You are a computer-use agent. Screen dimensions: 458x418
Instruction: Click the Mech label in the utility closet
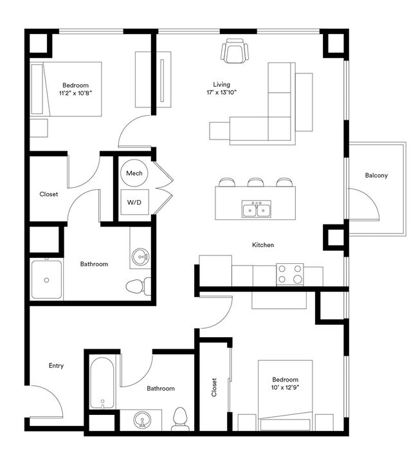134,173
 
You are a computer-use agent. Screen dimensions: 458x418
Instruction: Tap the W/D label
134,202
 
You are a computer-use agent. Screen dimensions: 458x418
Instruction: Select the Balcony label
376,175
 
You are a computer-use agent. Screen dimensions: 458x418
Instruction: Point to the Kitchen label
263,245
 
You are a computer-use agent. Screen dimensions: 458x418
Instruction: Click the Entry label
56,366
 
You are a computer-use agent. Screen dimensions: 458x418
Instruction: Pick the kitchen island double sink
257,210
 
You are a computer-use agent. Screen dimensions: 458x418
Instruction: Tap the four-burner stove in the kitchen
289,274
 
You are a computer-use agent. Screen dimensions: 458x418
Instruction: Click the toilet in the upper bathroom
138,286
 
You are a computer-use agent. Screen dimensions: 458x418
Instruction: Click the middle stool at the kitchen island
256,183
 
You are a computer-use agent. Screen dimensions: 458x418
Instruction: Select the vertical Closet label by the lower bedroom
214,387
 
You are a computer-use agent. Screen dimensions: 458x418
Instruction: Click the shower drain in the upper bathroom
46,280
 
